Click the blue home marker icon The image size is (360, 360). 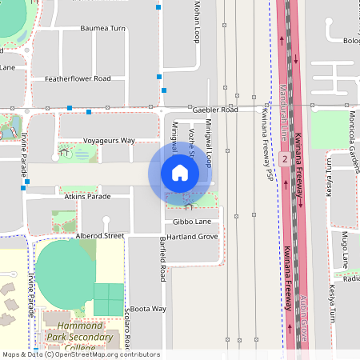[180, 172]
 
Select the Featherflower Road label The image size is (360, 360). [78, 78]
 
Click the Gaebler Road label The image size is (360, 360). [215, 109]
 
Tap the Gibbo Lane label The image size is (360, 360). [192, 221]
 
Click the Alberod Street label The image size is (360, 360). [100, 236]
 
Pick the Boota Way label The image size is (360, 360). [148, 308]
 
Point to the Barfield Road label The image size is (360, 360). [162, 258]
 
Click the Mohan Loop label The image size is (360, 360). [197, 22]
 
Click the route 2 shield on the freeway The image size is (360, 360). [284, 159]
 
